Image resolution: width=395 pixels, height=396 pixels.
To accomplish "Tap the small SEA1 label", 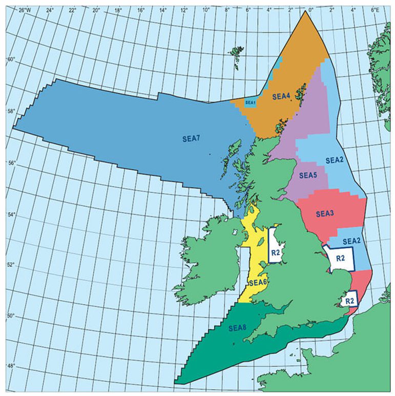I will (250, 103).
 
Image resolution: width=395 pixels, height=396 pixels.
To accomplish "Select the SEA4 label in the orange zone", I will (281, 95).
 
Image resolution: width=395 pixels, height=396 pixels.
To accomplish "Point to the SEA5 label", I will (308, 175).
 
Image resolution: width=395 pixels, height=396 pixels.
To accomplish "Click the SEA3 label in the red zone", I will (325, 213).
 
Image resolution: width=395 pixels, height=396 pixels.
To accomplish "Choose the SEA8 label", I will (238, 328).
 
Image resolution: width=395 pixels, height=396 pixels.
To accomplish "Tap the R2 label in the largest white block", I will (339, 258).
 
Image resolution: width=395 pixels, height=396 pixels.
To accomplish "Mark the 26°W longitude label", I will (23, 10).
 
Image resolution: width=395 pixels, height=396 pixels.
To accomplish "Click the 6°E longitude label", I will (375, 10).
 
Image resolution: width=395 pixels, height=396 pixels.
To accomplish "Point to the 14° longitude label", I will (162, 10).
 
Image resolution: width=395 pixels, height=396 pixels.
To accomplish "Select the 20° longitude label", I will (96, 10).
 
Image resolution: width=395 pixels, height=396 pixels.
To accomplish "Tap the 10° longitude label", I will (206, 10).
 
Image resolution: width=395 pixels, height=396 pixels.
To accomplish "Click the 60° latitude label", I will (10, 59).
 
